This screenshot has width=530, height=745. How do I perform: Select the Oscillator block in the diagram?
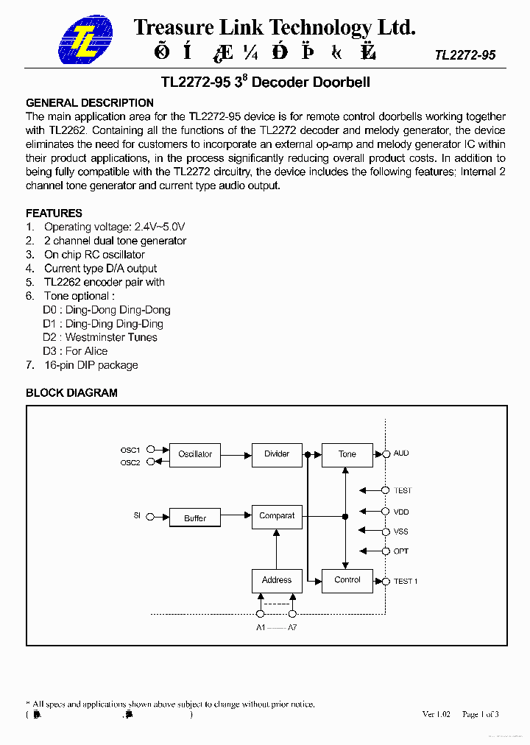tap(195, 454)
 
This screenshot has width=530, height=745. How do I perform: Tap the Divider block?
tap(277, 454)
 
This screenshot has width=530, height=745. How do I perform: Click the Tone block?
tap(347, 454)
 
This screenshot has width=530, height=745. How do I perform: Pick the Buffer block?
tap(195, 518)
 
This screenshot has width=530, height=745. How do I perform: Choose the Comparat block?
tap(277, 516)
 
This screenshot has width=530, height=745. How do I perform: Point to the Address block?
tap(277, 580)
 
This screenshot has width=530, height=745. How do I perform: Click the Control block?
tap(347, 580)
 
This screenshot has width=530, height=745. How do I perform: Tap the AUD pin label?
tap(401, 453)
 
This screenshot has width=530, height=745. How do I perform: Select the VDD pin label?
tap(401, 512)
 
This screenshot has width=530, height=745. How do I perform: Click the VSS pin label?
tap(401, 532)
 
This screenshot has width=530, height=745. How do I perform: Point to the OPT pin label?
tap(401, 551)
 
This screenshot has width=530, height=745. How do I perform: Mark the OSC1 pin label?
tap(130, 449)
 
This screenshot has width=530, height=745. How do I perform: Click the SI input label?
tap(137, 516)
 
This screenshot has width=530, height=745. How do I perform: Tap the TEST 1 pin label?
tap(406, 582)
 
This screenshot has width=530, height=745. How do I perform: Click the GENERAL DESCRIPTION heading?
tap(90, 103)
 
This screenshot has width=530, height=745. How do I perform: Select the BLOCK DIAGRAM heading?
tap(71, 393)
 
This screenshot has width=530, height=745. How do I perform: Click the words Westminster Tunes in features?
tap(111, 337)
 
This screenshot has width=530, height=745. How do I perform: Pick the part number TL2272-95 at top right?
tap(465, 55)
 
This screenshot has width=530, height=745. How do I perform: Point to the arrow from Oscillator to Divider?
tap(236, 454)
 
